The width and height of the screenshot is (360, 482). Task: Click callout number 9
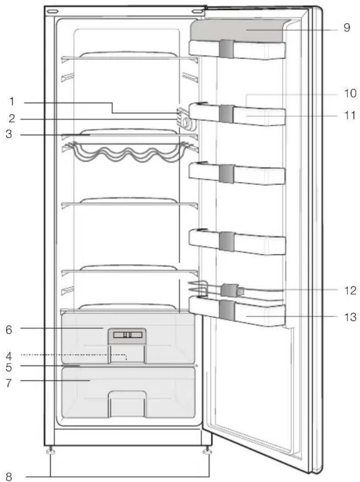pos(347,27)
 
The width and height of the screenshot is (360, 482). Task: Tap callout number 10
pos(350,93)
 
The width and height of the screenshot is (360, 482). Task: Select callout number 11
pos(350,115)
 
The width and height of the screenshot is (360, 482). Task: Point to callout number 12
pos(350,290)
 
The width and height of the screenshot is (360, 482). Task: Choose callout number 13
pos(350,317)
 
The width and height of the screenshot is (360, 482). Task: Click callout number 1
pos(12,101)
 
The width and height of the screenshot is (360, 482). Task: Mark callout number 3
pos(9,134)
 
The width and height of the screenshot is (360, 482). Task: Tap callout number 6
pos(9,329)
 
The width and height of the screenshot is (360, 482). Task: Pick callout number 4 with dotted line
pos(9,356)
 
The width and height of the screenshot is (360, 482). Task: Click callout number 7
pos(9,383)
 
